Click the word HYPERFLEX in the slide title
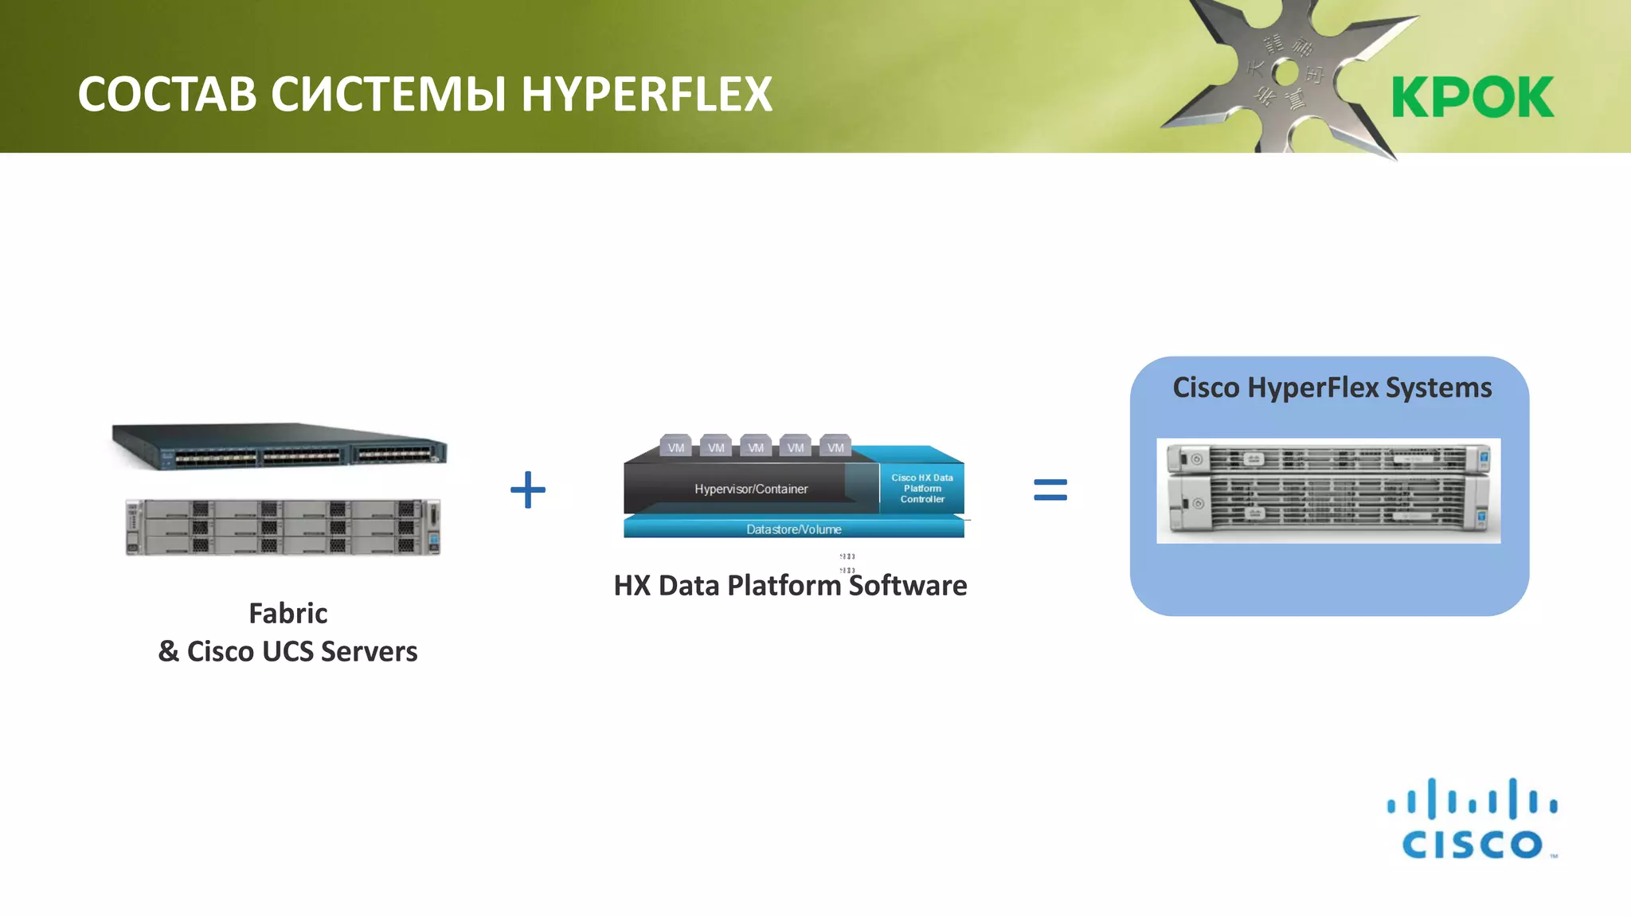pyautogui.click(x=646, y=94)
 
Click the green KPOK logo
pyautogui.click(x=1473, y=97)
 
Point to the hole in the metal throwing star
pyautogui.click(x=1285, y=74)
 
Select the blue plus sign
pyautogui.click(x=528, y=490)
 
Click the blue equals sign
pyautogui.click(x=1050, y=490)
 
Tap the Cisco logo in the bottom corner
pyautogui.click(x=1472, y=820)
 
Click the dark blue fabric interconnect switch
pyautogui.click(x=280, y=446)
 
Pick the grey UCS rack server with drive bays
pyautogui.click(x=283, y=527)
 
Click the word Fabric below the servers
pyautogui.click(x=287, y=613)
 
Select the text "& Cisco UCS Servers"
pyautogui.click(x=287, y=651)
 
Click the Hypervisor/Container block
pyautogui.click(x=750, y=489)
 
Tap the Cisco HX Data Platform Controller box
pyautogui.click(x=921, y=489)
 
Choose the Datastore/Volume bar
pyautogui.click(x=793, y=529)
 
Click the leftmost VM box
pyautogui.click(x=676, y=447)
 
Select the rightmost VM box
pyautogui.click(x=835, y=447)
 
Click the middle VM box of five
pyautogui.click(x=756, y=447)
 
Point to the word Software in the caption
pyautogui.click(x=908, y=586)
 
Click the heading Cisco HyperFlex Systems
pyautogui.click(x=1332, y=388)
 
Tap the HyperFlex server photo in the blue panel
pyautogui.click(x=1328, y=491)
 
